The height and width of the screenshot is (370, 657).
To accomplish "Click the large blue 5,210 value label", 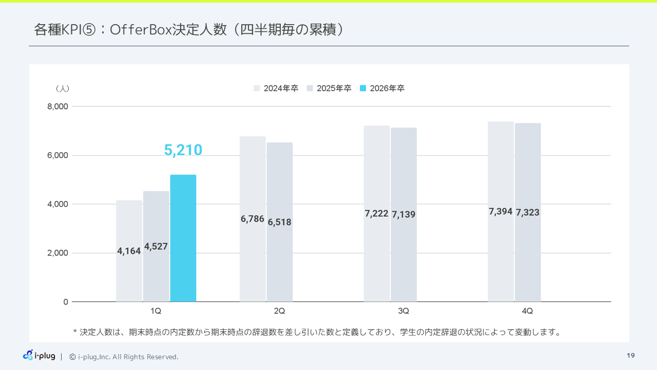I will (183, 150).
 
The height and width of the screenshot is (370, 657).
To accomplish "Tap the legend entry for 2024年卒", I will (276, 88).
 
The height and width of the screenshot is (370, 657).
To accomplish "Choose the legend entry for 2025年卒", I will (329, 88).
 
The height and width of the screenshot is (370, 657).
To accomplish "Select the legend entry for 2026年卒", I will (382, 88).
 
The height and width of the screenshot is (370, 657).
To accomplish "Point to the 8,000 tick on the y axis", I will (57, 106).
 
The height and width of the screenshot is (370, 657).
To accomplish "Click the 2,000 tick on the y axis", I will (57, 253).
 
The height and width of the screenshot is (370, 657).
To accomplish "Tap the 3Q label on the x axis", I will (403, 311).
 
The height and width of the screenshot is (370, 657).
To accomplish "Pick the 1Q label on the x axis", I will (156, 311).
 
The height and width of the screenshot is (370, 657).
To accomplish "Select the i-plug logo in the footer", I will (39, 356).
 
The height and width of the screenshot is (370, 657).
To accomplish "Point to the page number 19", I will (631, 356).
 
